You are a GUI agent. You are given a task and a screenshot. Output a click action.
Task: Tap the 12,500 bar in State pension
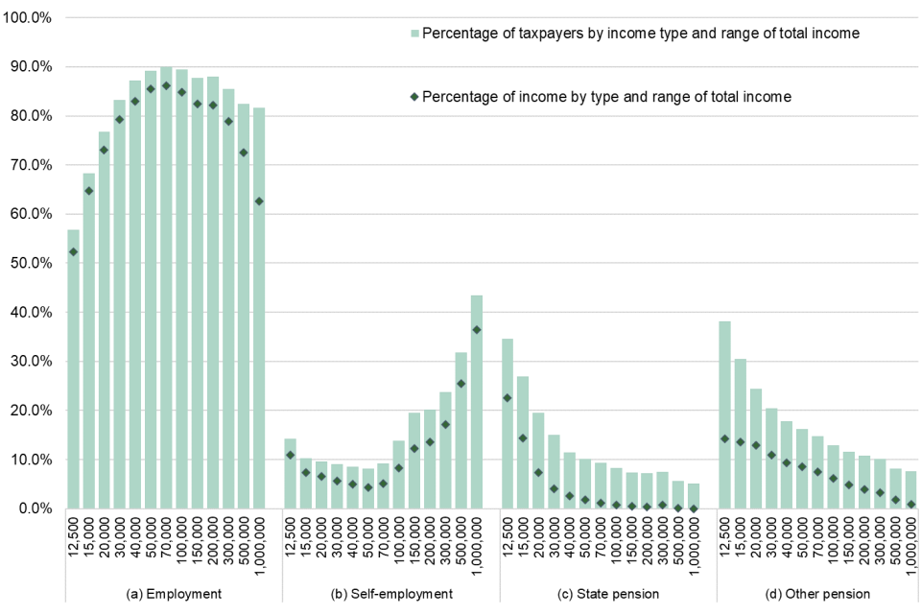tap(508, 423)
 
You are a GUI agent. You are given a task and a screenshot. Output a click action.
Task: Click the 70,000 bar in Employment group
tap(166, 288)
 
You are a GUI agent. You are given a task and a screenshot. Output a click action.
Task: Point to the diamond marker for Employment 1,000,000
tap(259, 201)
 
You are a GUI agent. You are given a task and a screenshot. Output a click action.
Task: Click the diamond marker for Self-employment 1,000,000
tap(477, 330)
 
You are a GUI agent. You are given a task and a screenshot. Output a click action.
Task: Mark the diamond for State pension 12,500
tap(508, 397)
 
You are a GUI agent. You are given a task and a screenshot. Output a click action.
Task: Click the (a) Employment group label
tap(174, 594)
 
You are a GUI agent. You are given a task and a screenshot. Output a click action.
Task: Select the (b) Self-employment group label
tap(391, 594)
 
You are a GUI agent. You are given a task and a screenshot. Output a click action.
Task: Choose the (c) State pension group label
tap(608, 594)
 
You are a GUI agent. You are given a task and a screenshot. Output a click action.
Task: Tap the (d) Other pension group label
tap(825, 594)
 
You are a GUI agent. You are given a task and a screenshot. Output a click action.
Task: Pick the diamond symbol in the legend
tap(415, 96)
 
